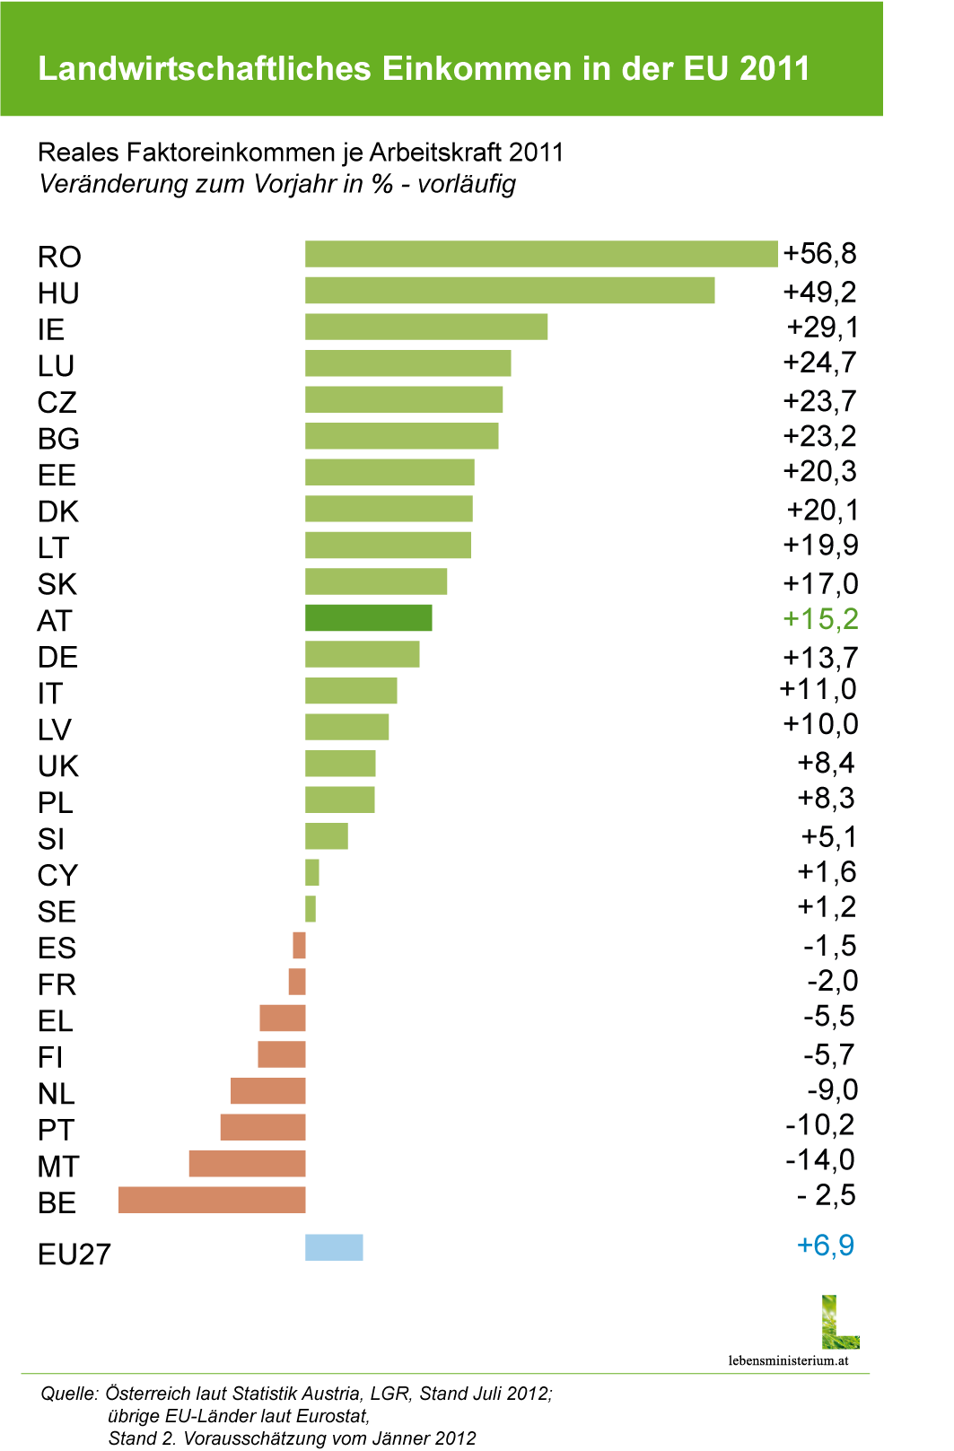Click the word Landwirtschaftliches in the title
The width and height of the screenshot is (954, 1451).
tap(205, 69)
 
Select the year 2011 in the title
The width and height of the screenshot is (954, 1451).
tap(775, 69)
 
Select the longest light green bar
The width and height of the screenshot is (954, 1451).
tap(541, 254)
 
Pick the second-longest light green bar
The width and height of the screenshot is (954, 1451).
tap(510, 291)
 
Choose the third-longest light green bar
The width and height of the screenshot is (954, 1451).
tap(426, 327)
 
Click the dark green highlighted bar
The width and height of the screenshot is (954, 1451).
tap(369, 618)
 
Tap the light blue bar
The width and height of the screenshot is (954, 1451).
tap(334, 1247)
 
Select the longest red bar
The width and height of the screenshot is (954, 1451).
tap(212, 1200)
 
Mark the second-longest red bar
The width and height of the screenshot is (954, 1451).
tap(247, 1164)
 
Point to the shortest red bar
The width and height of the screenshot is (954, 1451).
tap(299, 946)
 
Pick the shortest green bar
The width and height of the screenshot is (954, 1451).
tap(311, 909)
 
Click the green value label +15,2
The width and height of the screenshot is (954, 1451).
tap(820, 618)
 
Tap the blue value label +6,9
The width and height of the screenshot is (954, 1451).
tap(826, 1246)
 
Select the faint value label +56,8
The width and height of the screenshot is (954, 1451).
tap(821, 254)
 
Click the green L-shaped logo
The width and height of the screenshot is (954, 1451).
tap(840, 1323)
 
